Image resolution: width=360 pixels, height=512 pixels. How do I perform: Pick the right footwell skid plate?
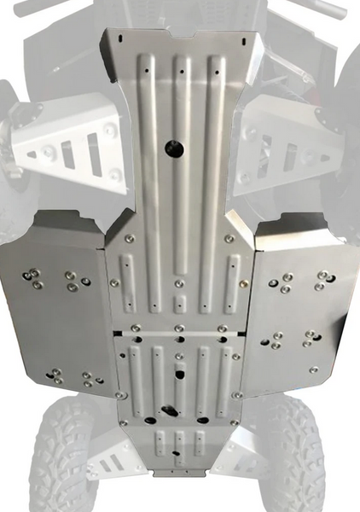pos(299,299)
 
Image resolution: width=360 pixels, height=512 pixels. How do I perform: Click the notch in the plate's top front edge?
pos(179,36)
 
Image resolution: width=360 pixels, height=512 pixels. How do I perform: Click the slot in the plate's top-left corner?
pos(123,39)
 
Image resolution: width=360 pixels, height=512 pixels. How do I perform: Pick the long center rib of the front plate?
pos(179,171)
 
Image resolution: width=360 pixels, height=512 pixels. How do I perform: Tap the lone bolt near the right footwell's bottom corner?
pos(313,369)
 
